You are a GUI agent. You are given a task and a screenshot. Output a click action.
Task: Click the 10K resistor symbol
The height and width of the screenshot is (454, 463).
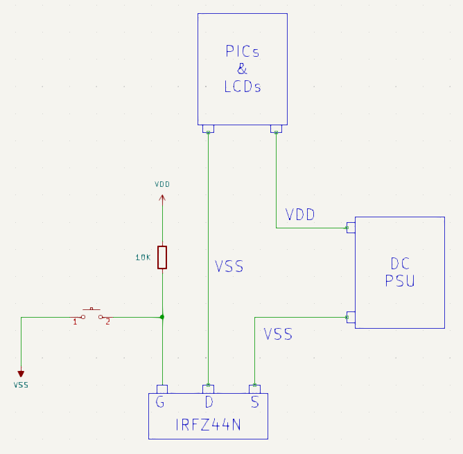(162, 257)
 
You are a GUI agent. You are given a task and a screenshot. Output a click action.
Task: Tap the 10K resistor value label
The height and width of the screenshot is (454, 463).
(143, 257)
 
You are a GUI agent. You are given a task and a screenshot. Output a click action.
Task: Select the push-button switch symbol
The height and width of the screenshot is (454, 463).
(91, 314)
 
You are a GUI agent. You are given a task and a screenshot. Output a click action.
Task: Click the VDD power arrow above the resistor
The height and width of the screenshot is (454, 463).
(162, 199)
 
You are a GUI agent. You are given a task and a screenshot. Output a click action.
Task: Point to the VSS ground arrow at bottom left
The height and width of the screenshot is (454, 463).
(21, 374)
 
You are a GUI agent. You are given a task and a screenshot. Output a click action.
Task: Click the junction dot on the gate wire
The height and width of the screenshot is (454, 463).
(162, 317)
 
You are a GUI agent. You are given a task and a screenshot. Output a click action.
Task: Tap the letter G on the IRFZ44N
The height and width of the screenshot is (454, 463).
(161, 402)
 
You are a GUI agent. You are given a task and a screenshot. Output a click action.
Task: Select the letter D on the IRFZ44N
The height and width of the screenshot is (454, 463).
(208, 402)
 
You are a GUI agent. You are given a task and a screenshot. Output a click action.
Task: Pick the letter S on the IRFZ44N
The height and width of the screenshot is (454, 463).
(254, 402)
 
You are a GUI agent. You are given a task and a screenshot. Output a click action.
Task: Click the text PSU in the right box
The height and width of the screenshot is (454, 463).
(400, 281)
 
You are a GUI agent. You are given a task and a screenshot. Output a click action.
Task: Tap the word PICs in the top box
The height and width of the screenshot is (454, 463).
(242, 52)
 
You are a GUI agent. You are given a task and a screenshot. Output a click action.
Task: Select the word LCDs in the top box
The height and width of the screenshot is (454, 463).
(242, 87)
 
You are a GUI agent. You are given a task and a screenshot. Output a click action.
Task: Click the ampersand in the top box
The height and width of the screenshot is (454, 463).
(242, 69)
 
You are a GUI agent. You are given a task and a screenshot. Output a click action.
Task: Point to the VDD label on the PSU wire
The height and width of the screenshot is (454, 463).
(300, 215)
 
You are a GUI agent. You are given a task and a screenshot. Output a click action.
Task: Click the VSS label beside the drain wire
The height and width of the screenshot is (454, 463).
(229, 266)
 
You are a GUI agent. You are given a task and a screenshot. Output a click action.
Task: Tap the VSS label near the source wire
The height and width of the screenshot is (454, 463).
(278, 334)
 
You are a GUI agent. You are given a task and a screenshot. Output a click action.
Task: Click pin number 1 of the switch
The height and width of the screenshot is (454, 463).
(75, 322)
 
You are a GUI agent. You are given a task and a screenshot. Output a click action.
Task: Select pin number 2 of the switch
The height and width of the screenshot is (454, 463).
(107, 322)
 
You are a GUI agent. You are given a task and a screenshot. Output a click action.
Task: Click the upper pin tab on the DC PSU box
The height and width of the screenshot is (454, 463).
(351, 227)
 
